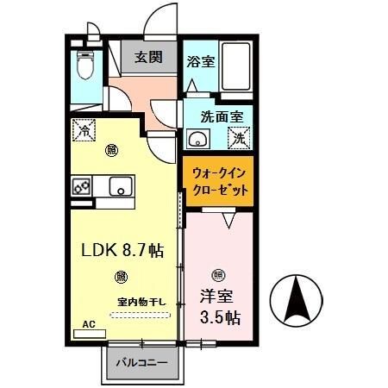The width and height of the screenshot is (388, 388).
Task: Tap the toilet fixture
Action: (x=84, y=64)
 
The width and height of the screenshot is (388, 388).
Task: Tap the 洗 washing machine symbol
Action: (x=239, y=137)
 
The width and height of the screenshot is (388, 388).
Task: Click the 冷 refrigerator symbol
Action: (x=85, y=131)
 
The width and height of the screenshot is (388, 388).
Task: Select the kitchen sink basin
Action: (x=120, y=185)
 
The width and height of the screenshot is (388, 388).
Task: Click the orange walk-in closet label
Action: (x=218, y=180)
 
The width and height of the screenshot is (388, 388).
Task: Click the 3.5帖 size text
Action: (x=222, y=317)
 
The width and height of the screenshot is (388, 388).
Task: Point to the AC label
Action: (x=88, y=325)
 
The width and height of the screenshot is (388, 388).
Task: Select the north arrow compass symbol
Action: (x=296, y=299)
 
